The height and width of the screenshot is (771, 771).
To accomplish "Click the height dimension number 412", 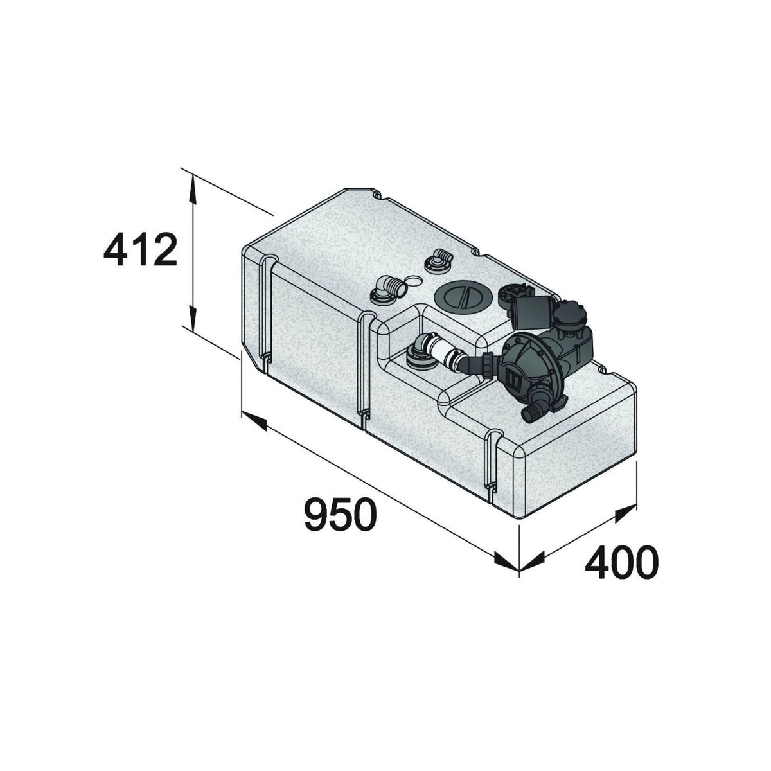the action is point(140,251).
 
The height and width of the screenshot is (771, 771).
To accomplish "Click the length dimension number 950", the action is point(341,514).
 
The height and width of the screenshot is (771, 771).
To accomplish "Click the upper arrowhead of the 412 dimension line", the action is point(193,188).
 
